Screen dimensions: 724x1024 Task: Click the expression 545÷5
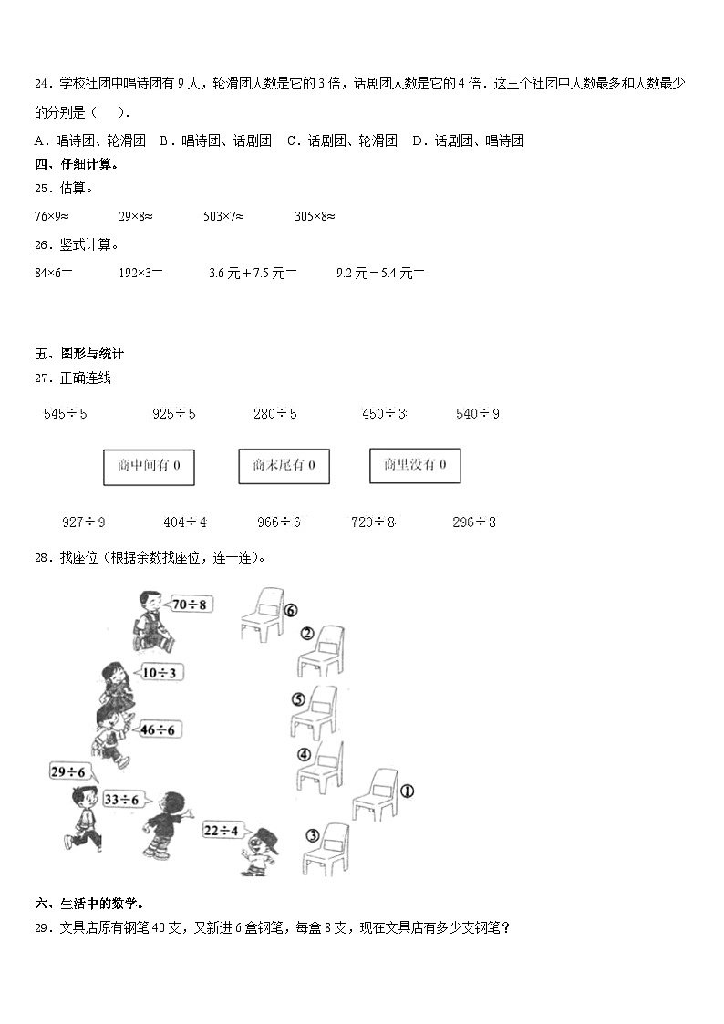pos(66,414)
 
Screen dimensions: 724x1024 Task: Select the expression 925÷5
pos(174,414)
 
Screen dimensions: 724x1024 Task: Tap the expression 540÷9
pos(478,414)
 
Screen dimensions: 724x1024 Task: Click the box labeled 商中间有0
pos(150,466)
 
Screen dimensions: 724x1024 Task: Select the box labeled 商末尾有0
pos(284,466)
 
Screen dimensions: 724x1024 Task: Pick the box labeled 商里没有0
pos(415,465)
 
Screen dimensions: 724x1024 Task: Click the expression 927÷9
pos(83,522)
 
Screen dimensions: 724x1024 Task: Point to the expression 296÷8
pos(474,522)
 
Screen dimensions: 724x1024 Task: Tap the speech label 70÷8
pos(190,604)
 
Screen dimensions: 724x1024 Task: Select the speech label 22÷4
pos(221,830)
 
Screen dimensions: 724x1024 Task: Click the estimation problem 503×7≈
pos(223,216)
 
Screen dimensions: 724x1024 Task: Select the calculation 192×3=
pos(140,272)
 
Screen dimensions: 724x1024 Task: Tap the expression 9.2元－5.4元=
pos(380,272)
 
